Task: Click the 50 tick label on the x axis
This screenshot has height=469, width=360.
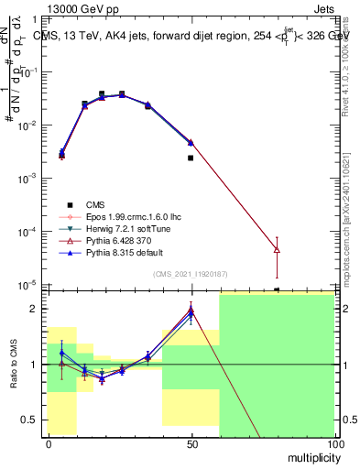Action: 191,444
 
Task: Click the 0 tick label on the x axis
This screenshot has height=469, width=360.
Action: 49,444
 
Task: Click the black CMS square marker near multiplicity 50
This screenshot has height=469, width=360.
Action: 191,158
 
